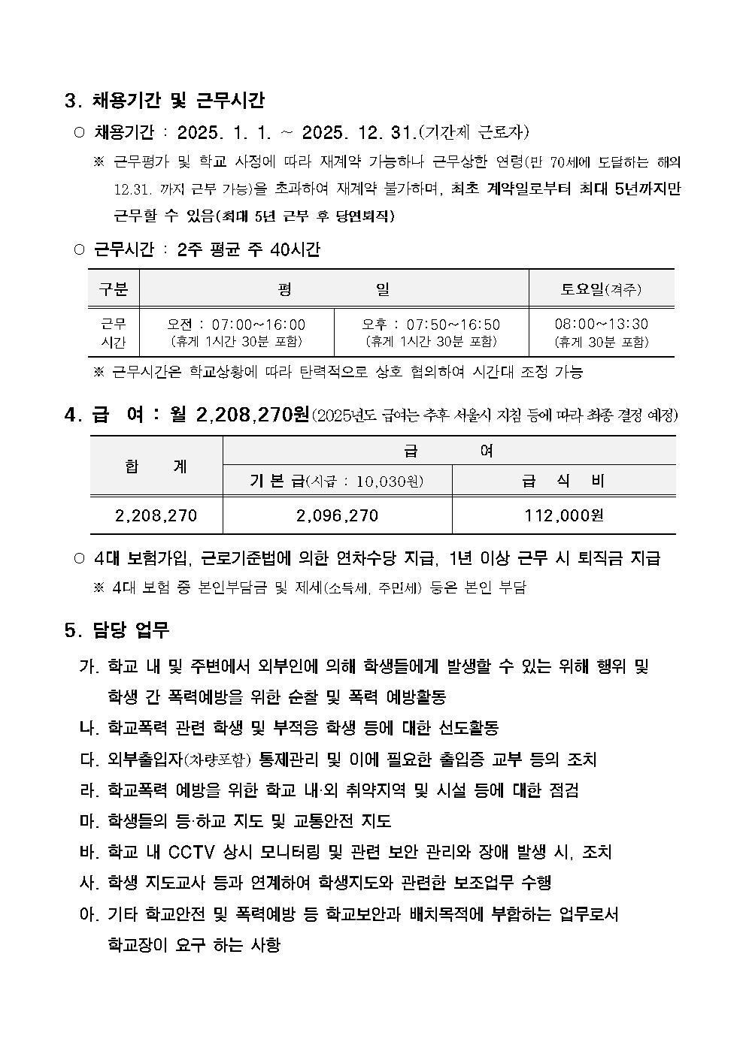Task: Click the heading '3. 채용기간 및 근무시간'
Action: coord(165,100)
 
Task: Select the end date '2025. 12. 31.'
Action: coord(359,133)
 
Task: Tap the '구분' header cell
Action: coord(114,288)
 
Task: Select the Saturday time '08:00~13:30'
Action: coord(601,324)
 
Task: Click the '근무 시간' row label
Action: coord(114,333)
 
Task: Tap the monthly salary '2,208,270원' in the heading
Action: coord(252,414)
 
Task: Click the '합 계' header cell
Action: coord(156,466)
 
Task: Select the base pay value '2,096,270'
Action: coord(337,515)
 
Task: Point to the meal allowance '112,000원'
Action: coord(564,515)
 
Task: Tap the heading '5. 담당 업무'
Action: coord(117,630)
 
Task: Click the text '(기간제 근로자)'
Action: coord(474,133)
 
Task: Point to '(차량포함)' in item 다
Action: coord(217,760)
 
